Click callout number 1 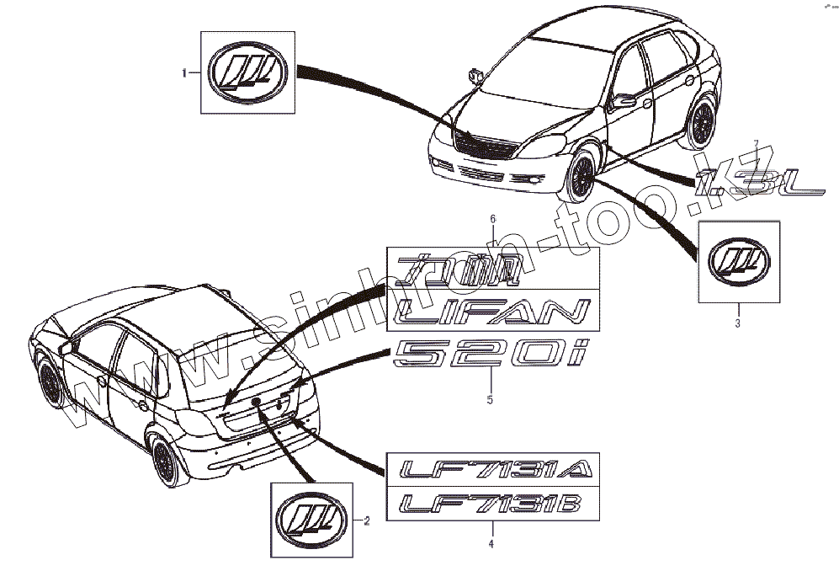[185, 74]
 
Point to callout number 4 [492, 544]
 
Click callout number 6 [493, 219]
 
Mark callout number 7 [757, 143]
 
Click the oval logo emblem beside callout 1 [247, 73]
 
